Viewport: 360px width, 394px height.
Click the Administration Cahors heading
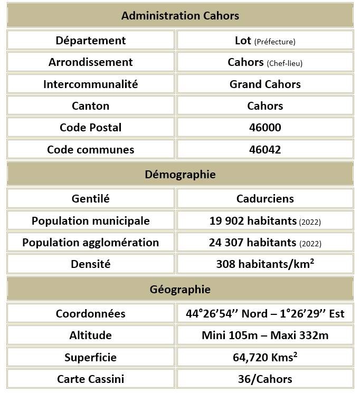pos(180,16)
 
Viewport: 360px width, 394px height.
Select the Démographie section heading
pos(180,175)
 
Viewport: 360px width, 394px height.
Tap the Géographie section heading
pos(180,290)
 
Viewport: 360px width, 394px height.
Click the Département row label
pos(91,41)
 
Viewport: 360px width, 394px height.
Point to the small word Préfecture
pos(274,42)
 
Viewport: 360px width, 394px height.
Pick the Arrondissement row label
pos(91,62)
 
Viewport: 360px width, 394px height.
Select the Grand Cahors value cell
pos(265,84)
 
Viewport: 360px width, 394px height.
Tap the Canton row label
pos(91,106)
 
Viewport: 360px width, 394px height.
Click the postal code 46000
pos(265,128)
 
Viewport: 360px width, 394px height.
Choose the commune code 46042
pos(265,150)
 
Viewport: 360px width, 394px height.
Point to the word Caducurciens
pos(265,199)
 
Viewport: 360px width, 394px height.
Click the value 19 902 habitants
pos(253,221)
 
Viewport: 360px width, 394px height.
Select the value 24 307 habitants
pos(253,243)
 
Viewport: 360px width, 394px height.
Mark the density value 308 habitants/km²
pos(265,264)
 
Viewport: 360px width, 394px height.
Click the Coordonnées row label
pos(91,314)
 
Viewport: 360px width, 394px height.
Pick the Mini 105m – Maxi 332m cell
pos(265,335)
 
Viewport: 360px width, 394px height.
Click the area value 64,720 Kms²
pos(265,358)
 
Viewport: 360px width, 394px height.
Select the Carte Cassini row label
pos(91,379)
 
